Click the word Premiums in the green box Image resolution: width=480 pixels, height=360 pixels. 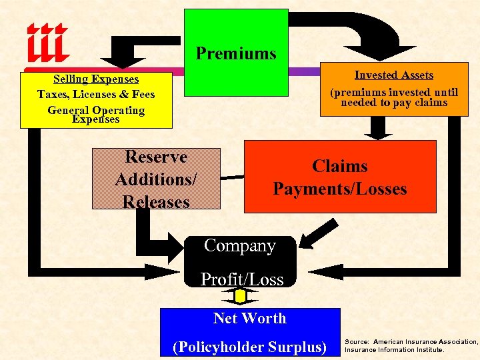click(236, 53)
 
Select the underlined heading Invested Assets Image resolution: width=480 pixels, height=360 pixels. click(393, 75)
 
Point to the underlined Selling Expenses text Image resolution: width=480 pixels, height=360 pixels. click(96, 79)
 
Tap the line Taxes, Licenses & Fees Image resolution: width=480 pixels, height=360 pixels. click(96, 95)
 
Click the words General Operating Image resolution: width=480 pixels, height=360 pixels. click(96, 110)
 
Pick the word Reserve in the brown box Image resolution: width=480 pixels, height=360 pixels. click(156, 157)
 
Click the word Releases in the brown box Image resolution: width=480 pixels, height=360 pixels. click(156, 201)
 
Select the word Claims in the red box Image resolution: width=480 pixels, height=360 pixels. click(339, 166)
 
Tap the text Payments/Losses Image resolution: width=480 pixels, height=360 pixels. click(339, 189)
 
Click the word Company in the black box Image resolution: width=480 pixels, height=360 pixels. click(239, 246)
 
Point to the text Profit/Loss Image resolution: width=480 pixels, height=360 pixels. click(242, 280)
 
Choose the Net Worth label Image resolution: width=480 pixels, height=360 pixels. click(249, 319)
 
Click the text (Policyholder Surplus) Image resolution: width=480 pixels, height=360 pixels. click(249, 347)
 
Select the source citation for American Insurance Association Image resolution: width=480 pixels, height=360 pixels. click(411, 345)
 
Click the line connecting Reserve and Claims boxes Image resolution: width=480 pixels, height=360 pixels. click(232, 177)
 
